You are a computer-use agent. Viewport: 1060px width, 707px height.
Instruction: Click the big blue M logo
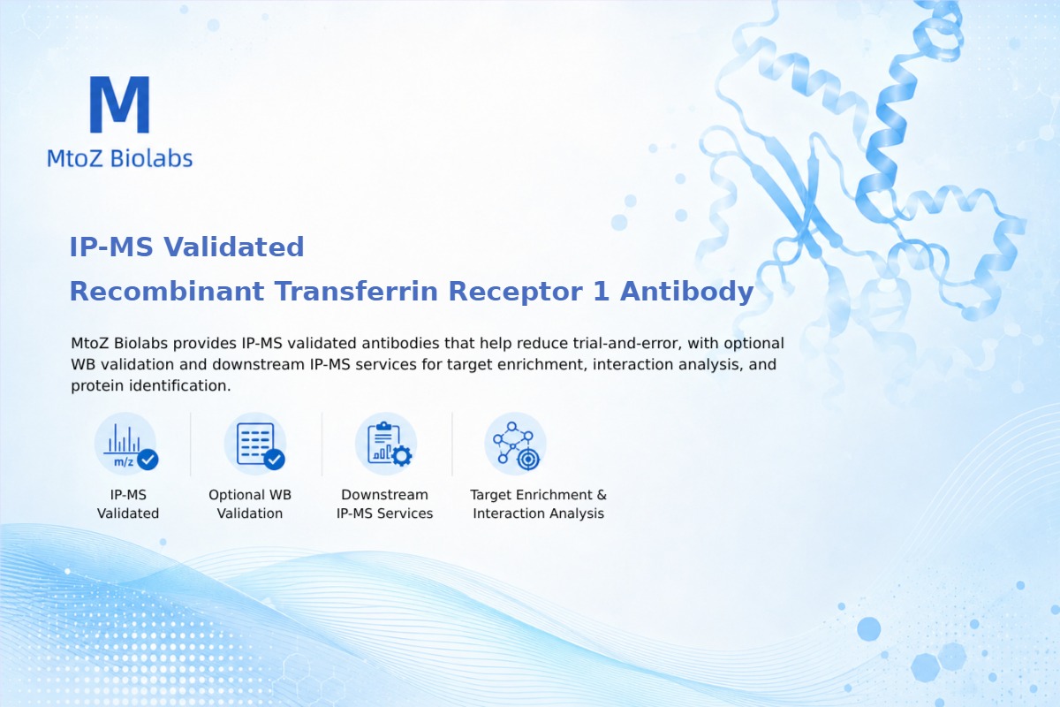pyautogui.click(x=120, y=104)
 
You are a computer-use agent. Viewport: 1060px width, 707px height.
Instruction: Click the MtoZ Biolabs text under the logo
pyautogui.click(x=120, y=158)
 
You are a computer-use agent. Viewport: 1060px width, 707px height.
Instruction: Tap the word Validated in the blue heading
pyautogui.click(x=233, y=247)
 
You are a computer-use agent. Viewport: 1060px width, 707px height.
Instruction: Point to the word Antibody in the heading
pyautogui.click(x=686, y=291)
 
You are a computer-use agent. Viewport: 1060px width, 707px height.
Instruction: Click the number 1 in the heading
pyautogui.click(x=601, y=291)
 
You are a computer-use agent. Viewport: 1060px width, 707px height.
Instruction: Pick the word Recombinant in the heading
pyautogui.click(x=167, y=291)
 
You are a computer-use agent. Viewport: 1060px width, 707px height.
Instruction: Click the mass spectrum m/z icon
pyautogui.click(x=125, y=445)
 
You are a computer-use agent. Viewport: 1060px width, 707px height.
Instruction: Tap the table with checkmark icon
pyautogui.click(x=255, y=445)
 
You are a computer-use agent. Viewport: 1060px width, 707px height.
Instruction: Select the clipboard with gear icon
pyautogui.click(x=386, y=445)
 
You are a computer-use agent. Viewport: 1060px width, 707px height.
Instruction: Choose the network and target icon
pyautogui.click(x=515, y=445)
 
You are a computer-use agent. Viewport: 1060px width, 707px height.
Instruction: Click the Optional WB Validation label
pyautogui.click(x=250, y=504)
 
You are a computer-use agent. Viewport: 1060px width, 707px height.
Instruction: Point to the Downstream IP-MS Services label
pyautogui.click(x=385, y=504)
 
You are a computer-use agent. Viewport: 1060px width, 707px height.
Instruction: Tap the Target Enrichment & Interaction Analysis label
pyautogui.click(x=539, y=504)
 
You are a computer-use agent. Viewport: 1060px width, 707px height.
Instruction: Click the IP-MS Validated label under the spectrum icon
pyautogui.click(x=128, y=504)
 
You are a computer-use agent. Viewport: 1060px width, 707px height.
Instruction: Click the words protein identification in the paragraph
pyautogui.click(x=150, y=385)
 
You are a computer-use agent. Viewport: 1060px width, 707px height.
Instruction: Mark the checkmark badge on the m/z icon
pyautogui.click(x=148, y=460)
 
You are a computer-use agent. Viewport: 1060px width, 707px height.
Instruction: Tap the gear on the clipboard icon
pyautogui.click(x=402, y=456)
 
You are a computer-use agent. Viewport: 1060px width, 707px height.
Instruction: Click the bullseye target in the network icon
pyautogui.click(x=528, y=460)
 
